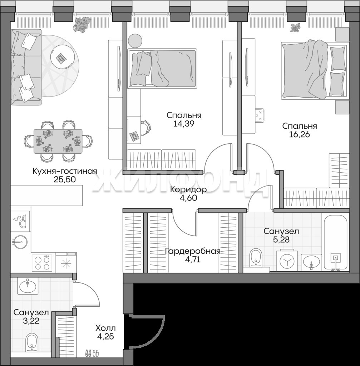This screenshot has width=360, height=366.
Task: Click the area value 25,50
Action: click(65, 179)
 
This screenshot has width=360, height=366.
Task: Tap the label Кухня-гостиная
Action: click(65, 171)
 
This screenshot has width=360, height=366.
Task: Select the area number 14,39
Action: click(184, 123)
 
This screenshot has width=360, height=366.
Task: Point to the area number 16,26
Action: click(300, 134)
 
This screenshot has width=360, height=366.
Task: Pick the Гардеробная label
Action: click(193, 251)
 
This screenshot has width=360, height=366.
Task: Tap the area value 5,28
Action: click(281, 239)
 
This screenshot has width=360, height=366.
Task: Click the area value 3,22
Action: click(31, 321)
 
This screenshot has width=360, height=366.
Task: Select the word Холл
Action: click(105, 328)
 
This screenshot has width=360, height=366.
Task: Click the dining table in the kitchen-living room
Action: click(58, 141)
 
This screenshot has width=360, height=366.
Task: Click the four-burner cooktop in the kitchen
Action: click(42, 262)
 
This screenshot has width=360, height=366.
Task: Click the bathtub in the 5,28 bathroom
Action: click(335, 243)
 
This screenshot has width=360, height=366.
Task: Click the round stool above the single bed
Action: click(135, 41)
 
